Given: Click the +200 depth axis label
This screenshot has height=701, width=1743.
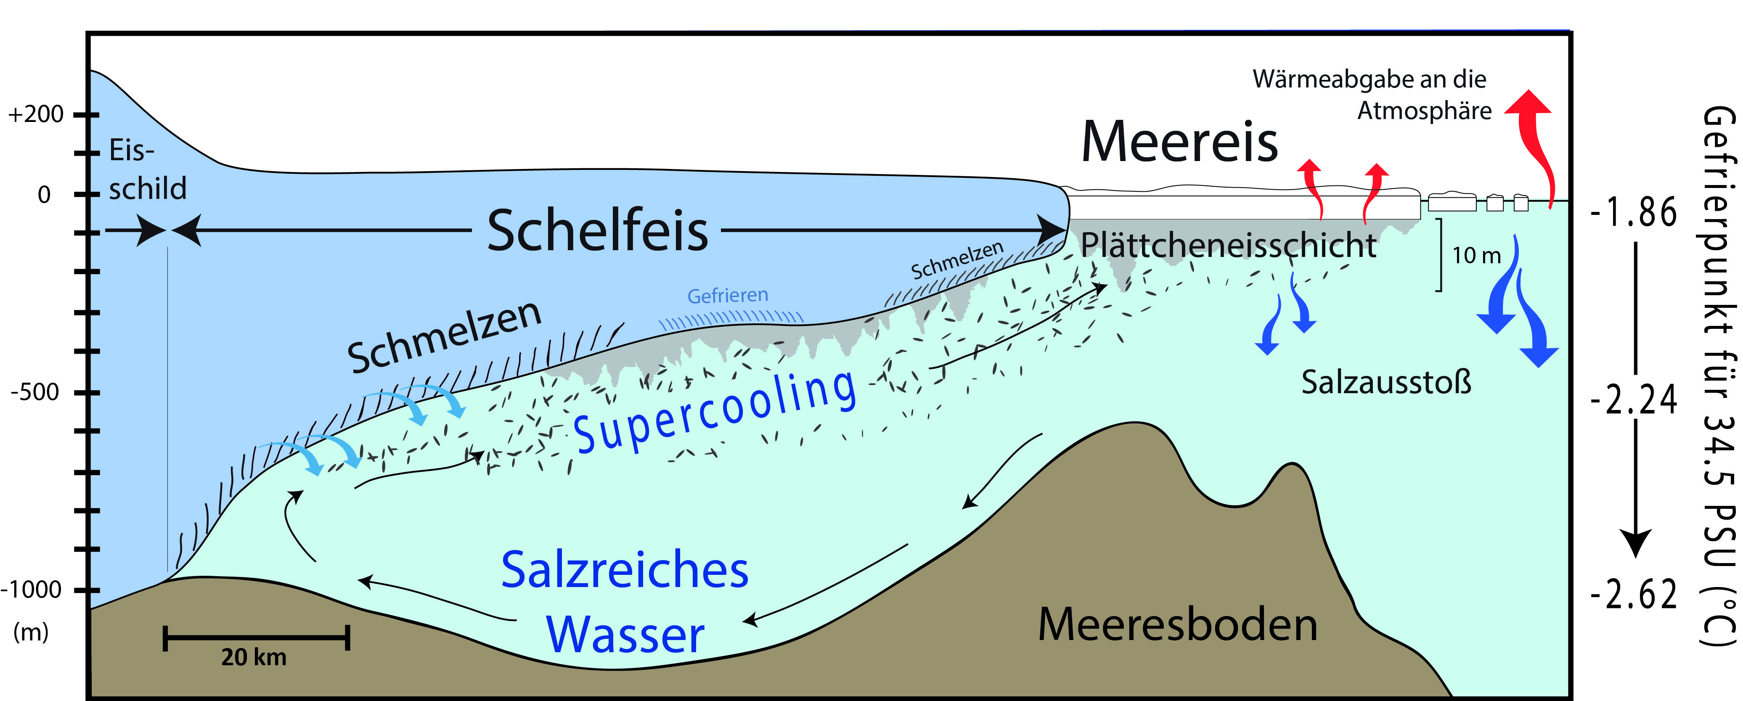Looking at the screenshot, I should click(x=36, y=114).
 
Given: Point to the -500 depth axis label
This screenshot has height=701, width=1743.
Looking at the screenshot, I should click(x=35, y=392).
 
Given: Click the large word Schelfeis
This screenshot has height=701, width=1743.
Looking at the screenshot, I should click(x=597, y=231).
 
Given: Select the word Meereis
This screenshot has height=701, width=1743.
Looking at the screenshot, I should click(x=1179, y=142).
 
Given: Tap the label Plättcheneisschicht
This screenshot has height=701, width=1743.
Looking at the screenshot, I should click(x=1228, y=245).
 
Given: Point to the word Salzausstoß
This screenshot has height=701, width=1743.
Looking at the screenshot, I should click(x=1386, y=382).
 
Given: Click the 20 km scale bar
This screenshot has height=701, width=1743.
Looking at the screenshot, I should click(x=256, y=638).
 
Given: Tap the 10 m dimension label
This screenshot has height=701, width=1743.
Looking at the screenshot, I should click(x=1476, y=255).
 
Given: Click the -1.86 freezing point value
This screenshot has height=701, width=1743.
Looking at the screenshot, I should click(x=1633, y=212).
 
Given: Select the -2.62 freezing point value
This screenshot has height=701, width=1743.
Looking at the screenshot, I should click(x=1633, y=595).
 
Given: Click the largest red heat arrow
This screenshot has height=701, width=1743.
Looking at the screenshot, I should click(x=1535, y=142).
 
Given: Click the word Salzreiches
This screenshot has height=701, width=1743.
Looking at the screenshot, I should click(x=625, y=570).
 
